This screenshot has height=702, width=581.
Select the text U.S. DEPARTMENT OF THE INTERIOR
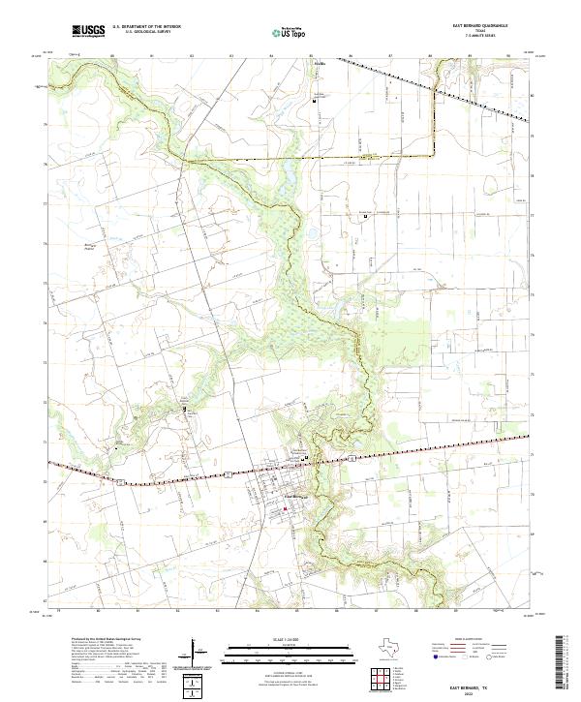click(x=147, y=28)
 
